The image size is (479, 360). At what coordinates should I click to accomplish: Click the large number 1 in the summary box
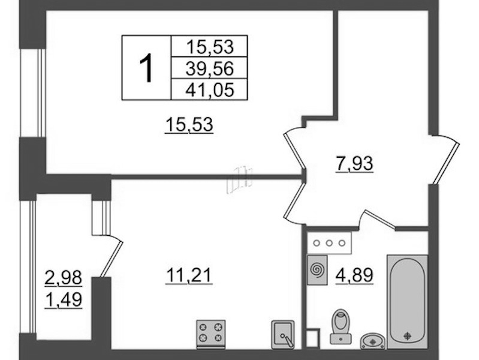[146, 68]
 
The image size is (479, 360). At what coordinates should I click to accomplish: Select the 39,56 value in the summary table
[210, 68]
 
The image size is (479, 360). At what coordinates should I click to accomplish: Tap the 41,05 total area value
[210, 89]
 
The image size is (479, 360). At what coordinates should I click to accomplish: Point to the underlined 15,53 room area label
[189, 125]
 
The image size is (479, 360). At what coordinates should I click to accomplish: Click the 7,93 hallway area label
[354, 164]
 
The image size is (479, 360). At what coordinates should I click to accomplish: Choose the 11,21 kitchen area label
[189, 275]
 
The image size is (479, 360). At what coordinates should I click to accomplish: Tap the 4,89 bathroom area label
[354, 275]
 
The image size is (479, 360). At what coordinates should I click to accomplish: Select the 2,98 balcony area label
[63, 278]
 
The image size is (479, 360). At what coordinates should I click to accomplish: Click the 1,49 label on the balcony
[63, 300]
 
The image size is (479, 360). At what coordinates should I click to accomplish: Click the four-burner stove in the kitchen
[211, 334]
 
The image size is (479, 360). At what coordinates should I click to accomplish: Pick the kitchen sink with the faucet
[283, 335]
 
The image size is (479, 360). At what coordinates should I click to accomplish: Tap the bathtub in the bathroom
[407, 301]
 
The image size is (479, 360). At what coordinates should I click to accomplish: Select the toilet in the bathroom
[341, 326]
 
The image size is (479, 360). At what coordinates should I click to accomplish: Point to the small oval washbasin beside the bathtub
[373, 341]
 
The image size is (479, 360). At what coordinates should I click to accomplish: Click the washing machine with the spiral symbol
[317, 270]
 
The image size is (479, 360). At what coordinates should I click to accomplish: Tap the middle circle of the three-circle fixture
[329, 243]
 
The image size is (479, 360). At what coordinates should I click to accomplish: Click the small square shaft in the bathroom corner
[312, 338]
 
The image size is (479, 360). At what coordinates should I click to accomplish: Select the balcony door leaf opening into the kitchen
[112, 259]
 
